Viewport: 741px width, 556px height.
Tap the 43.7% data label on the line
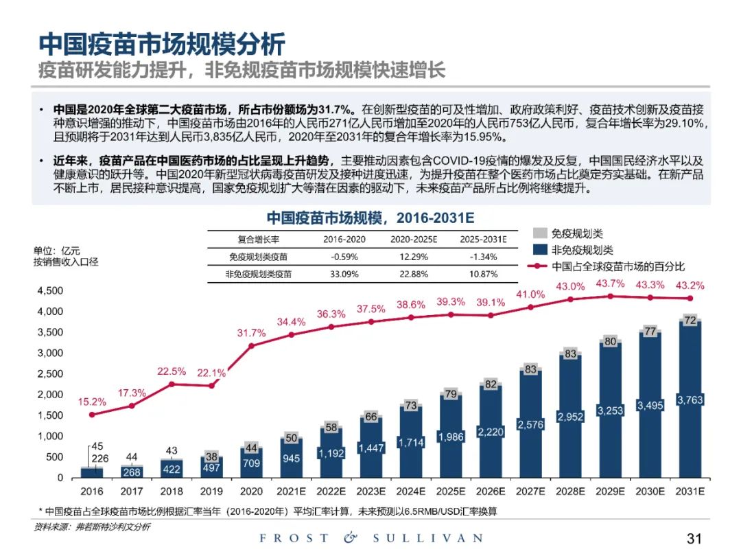(611, 283)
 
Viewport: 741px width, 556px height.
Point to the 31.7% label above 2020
(251, 333)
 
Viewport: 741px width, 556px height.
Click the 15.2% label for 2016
(93, 402)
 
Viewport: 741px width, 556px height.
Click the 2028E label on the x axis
(570, 491)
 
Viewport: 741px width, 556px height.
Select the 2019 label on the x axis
(212, 491)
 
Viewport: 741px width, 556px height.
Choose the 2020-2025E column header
(414, 240)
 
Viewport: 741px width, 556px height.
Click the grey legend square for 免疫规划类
(539, 233)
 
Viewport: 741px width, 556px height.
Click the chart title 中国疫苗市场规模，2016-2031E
(370, 218)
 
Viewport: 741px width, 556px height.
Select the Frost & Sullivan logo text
(370, 538)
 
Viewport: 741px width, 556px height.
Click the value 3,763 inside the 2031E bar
(690, 400)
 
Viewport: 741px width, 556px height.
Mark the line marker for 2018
(172, 384)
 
